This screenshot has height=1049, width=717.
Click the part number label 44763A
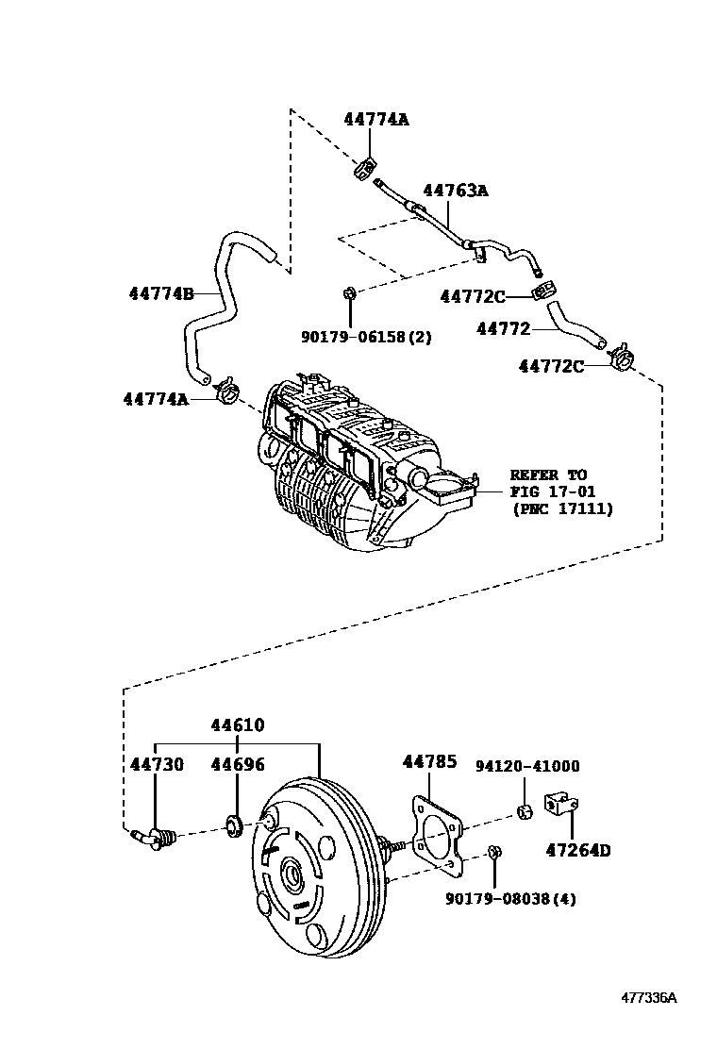pyautogui.click(x=455, y=191)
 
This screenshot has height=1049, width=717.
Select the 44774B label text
pyautogui.click(x=161, y=293)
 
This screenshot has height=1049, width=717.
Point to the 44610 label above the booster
pyautogui.click(x=237, y=726)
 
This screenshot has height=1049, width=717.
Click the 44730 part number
pyautogui.click(x=157, y=764)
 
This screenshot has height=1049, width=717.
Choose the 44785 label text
pyautogui.click(x=429, y=760)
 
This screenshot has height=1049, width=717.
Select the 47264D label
pyautogui.click(x=577, y=850)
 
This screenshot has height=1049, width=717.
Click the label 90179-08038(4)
pyautogui.click(x=510, y=899)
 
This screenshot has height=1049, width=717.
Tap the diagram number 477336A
pyautogui.click(x=648, y=998)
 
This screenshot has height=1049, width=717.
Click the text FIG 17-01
pyautogui.click(x=547, y=491)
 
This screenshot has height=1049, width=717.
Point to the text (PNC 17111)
pyautogui.click(x=562, y=508)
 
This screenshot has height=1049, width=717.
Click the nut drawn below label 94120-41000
pyautogui.click(x=525, y=811)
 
